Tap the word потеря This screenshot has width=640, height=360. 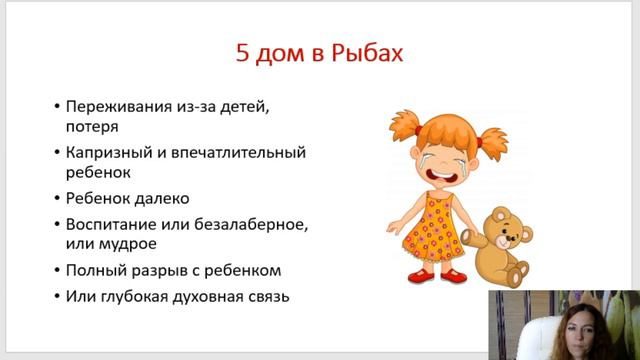coord(95,127)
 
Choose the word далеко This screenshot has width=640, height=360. coord(162,198)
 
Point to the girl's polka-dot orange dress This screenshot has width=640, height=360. coord(432,225)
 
